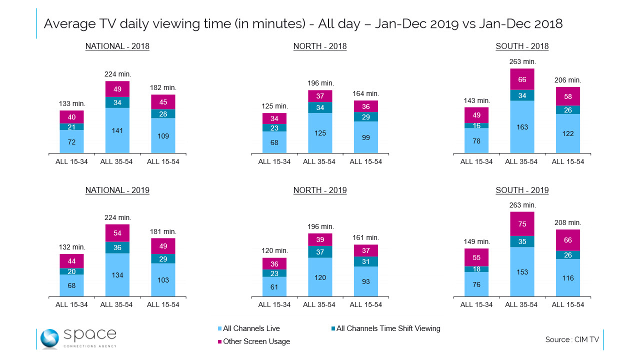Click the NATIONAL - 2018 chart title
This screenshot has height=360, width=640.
point(117,46)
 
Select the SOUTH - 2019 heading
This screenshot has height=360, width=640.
point(522,190)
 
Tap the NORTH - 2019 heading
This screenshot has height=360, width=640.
point(320,190)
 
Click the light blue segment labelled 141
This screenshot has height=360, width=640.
point(117,130)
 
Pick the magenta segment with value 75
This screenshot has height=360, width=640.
point(522,223)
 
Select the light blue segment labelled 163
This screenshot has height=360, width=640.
point(522,127)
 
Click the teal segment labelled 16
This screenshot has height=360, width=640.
point(476,125)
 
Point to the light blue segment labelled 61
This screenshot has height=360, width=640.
point(274,286)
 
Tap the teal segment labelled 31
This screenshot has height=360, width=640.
point(365,261)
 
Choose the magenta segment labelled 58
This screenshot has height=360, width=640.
point(567,96)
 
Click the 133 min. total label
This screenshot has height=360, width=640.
point(72,103)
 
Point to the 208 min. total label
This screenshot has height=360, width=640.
point(567,222)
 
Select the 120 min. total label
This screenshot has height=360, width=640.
point(275,250)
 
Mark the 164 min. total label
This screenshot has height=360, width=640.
point(365,93)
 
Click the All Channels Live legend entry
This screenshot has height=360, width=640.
point(248,328)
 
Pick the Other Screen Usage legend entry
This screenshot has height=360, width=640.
point(253,341)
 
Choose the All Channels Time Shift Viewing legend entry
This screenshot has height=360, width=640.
point(385,328)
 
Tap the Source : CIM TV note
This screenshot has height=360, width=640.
point(572,339)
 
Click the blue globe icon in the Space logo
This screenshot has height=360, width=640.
point(49,339)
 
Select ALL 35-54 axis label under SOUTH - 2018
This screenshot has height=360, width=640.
point(521,161)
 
